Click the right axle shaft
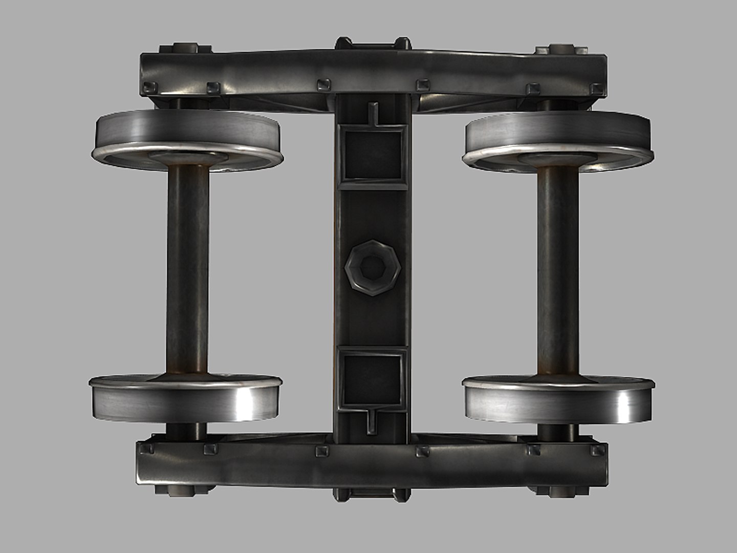pyautogui.click(x=558, y=269)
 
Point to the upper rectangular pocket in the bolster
pyautogui.click(x=372, y=154)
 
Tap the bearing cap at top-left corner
pyautogui.click(x=185, y=49)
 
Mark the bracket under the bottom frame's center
pyautogui.click(x=372, y=495)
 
